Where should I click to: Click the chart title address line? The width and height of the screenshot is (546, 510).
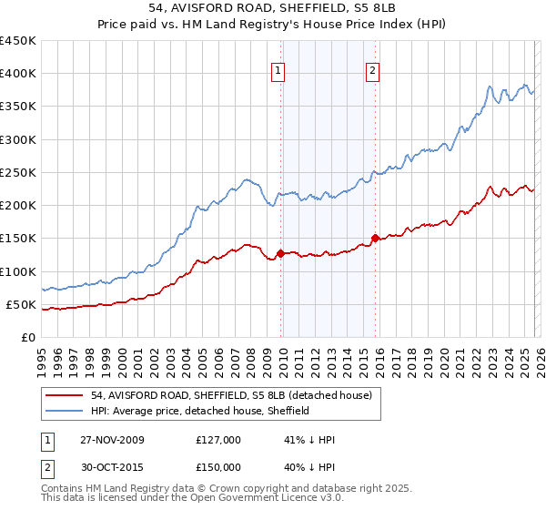(x=272, y=9)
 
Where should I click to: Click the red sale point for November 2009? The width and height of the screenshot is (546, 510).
(x=281, y=253)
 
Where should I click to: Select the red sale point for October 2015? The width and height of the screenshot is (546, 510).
(x=376, y=239)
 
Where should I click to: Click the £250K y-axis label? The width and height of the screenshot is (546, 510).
(x=18, y=172)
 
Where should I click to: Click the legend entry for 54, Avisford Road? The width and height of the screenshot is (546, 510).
(x=231, y=396)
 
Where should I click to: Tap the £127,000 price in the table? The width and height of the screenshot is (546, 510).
(x=218, y=440)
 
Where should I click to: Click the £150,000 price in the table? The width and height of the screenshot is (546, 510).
(x=218, y=467)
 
